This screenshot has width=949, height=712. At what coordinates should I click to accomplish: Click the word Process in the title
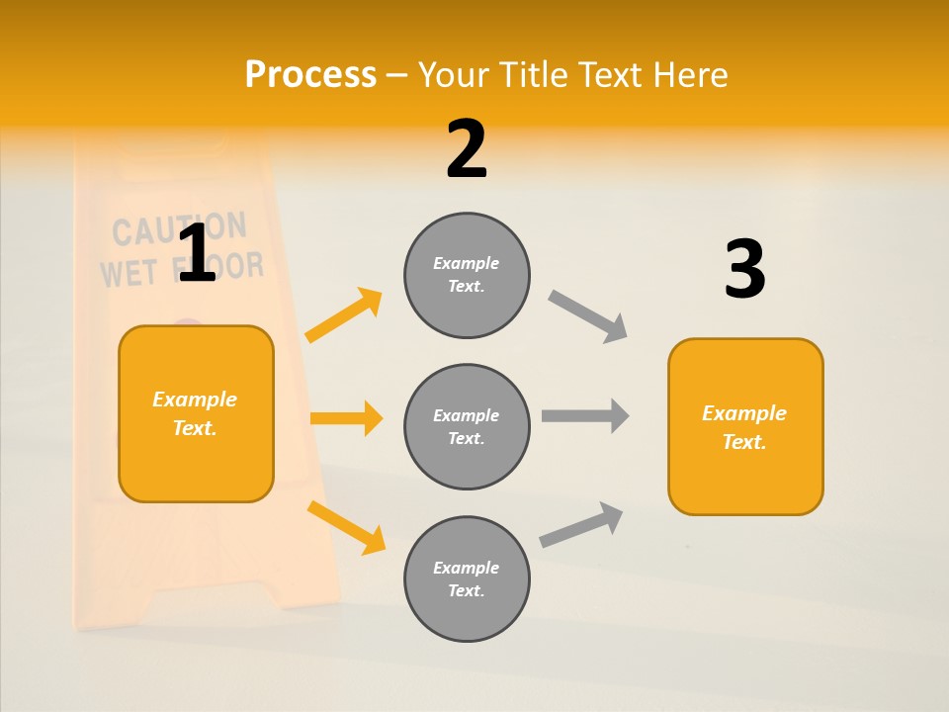pyautogui.click(x=310, y=74)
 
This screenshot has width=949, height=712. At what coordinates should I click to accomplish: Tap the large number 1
pyautogui.click(x=197, y=254)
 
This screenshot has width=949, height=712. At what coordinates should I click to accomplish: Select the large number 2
pyautogui.click(x=467, y=149)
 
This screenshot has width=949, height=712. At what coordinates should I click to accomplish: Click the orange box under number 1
pyautogui.click(x=196, y=413)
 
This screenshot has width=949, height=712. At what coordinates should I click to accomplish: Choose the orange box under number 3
pyautogui.click(x=745, y=427)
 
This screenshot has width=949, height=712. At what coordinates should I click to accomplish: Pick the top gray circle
pyautogui.click(x=467, y=275)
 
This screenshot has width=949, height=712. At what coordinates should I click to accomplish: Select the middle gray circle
pyautogui.click(x=467, y=427)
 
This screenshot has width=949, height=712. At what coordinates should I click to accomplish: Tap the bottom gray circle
pyautogui.click(x=467, y=579)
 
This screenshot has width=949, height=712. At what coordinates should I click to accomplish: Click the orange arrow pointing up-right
pyautogui.click(x=344, y=315)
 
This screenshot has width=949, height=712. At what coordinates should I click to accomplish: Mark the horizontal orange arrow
pyautogui.click(x=346, y=418)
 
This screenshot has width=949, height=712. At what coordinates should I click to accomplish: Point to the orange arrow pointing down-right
pyautogui.click(x=346, y=527)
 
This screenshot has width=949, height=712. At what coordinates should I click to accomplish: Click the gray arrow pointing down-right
pyautogui.click(x=588, y=316)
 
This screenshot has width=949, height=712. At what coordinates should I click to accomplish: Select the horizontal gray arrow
pyautogui.click(x=585, y=416)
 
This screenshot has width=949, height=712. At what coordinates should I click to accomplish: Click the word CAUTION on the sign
pyautogui.click(x=178, y=229)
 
